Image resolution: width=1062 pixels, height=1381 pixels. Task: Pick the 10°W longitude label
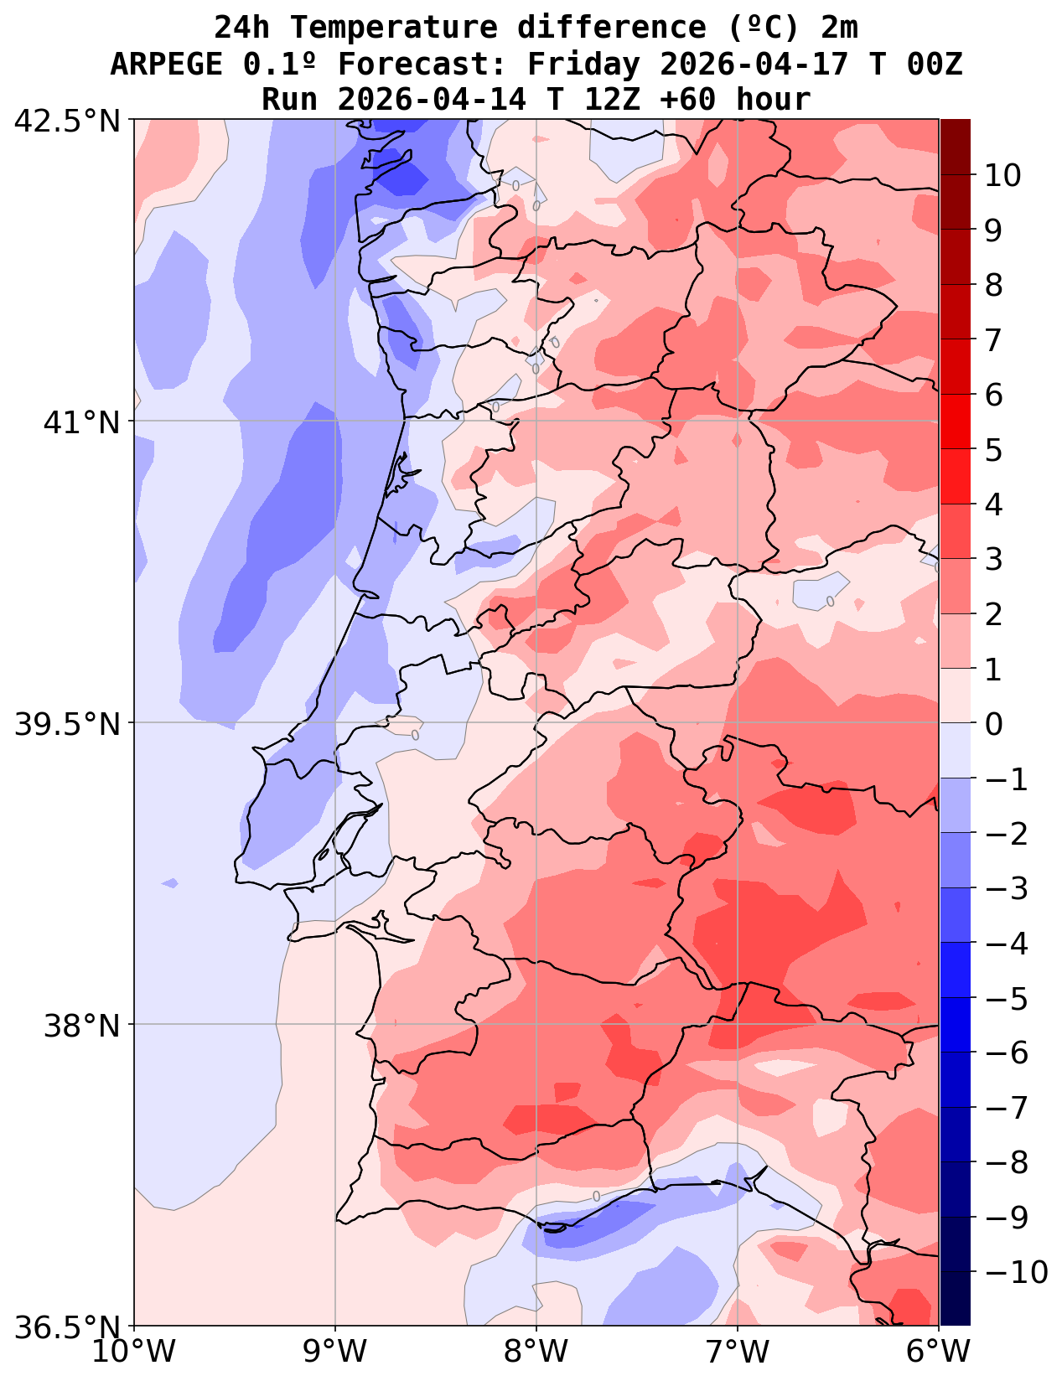134,1352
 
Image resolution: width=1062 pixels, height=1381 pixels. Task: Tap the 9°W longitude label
335,1352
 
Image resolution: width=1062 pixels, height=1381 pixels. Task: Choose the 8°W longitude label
536,1352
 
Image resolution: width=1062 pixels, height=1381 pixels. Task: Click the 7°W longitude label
738,1352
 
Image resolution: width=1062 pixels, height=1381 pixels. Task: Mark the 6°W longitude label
939,1352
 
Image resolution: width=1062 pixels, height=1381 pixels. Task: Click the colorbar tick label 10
1002,176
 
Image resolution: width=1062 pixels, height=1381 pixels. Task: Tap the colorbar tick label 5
993,450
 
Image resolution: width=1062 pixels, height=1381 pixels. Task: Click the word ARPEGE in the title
166,64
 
